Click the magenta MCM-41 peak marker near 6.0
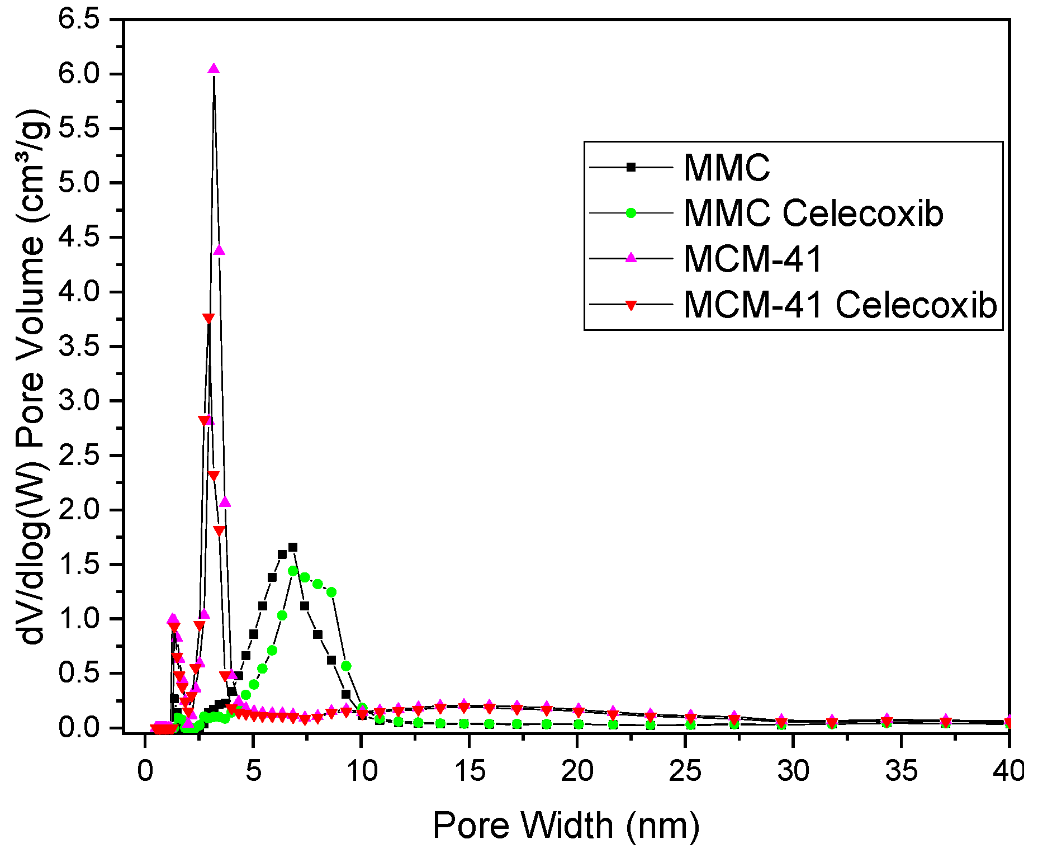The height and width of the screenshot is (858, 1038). coord(214,69)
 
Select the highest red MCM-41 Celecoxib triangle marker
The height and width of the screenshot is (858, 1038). coord(208,319)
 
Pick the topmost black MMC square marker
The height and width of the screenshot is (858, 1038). coord(293,547)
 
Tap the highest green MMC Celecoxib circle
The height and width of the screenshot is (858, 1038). coord(293,571)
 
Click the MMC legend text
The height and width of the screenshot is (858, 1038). coord(727,167)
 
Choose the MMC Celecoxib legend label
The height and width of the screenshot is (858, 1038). coord(813,213)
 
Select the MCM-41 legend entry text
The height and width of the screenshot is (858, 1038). coord(753,259)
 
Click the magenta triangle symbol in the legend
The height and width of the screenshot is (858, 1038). coord(631,258)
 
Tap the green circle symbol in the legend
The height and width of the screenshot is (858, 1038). coord(631,213)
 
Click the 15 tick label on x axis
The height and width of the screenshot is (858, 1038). coord(470,771)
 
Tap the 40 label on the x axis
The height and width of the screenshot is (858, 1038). coord(1009,771)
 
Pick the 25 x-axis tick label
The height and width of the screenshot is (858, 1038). coord(685,771)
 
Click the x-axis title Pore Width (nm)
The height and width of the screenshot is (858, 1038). coord(566,826)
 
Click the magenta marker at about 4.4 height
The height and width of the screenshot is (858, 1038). coord(220,250)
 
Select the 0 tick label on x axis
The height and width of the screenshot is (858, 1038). coord(145,771)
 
